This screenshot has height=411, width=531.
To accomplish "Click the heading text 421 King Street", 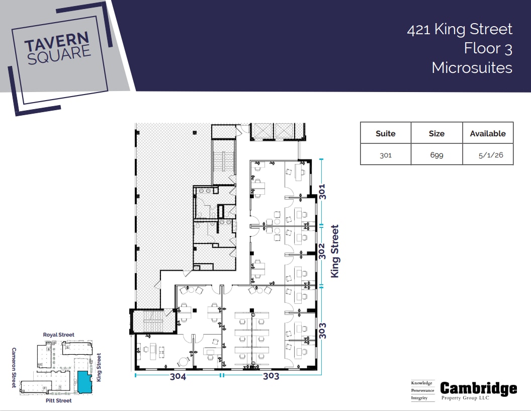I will [x=460, y=29].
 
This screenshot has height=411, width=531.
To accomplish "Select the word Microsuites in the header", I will [x=472, y=67].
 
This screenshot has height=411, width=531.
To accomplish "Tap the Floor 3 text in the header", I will [x=488, y=48].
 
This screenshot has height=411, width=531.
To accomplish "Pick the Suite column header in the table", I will [x=385, y=133].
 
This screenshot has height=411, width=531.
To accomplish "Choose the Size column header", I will [x=436, y=133].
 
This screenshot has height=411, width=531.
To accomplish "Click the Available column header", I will [x=487, y=133].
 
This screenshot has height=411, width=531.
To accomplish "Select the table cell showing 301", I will [x=385, y=155].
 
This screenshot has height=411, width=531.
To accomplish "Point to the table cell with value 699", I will [x=436, y=155].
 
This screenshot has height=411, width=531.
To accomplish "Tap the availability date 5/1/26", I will [x=487, y=155].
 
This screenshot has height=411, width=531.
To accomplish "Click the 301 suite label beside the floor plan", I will [x=322, y=192].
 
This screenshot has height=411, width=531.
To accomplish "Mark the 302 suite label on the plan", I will [x=322, y=251].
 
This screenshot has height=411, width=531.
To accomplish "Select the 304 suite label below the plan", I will [x=178, y=376].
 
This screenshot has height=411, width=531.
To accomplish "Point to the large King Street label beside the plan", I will [x=335, y=251].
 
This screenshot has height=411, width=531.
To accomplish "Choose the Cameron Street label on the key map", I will [x=14, y=367].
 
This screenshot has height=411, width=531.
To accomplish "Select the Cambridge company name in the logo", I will [x=478, y=388].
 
